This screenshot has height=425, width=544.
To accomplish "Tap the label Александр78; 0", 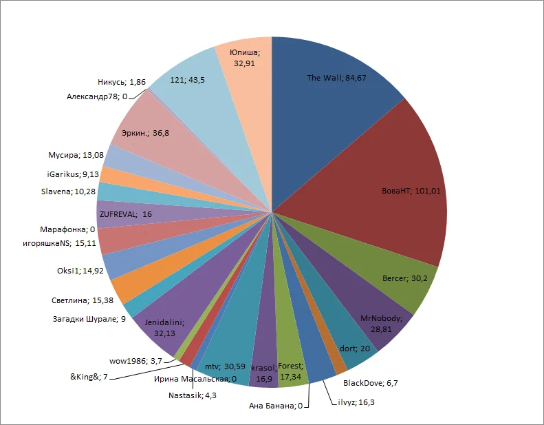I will click(96, 96).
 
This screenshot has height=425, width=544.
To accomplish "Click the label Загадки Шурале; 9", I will click(89, 318).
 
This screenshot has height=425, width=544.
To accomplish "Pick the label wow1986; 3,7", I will click(135, 360).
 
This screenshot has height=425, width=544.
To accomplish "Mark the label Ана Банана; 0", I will click(275, 406).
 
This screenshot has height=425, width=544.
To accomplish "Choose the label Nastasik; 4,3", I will click(195, 395).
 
